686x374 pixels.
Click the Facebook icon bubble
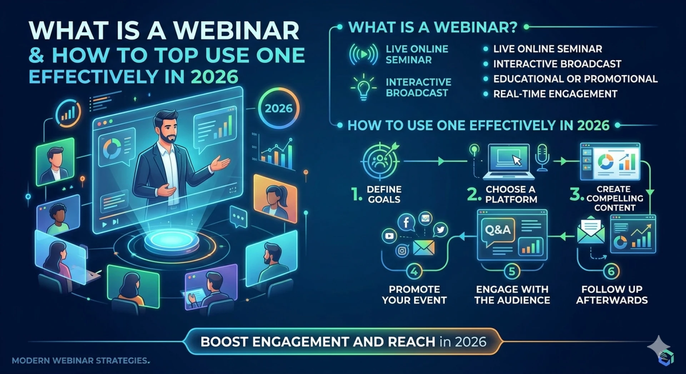[406, 223]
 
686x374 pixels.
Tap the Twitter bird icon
[441, 230]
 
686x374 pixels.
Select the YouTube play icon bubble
[389, 236]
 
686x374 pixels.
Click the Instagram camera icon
[402, 251]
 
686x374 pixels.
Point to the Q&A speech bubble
[498, 230]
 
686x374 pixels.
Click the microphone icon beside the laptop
[542, 157]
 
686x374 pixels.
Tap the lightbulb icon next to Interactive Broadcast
[363, 87]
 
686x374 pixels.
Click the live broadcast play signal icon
[363, 54]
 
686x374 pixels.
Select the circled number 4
[414, 271]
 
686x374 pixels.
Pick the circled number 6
[611, 271]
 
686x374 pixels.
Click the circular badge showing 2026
[279, 108]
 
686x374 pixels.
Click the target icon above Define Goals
[380, 161]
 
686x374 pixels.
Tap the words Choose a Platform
[511, 194]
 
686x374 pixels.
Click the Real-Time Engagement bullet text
[555, 94]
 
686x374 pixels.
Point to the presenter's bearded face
[167, 128]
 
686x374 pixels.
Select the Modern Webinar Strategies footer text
[80, 361]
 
